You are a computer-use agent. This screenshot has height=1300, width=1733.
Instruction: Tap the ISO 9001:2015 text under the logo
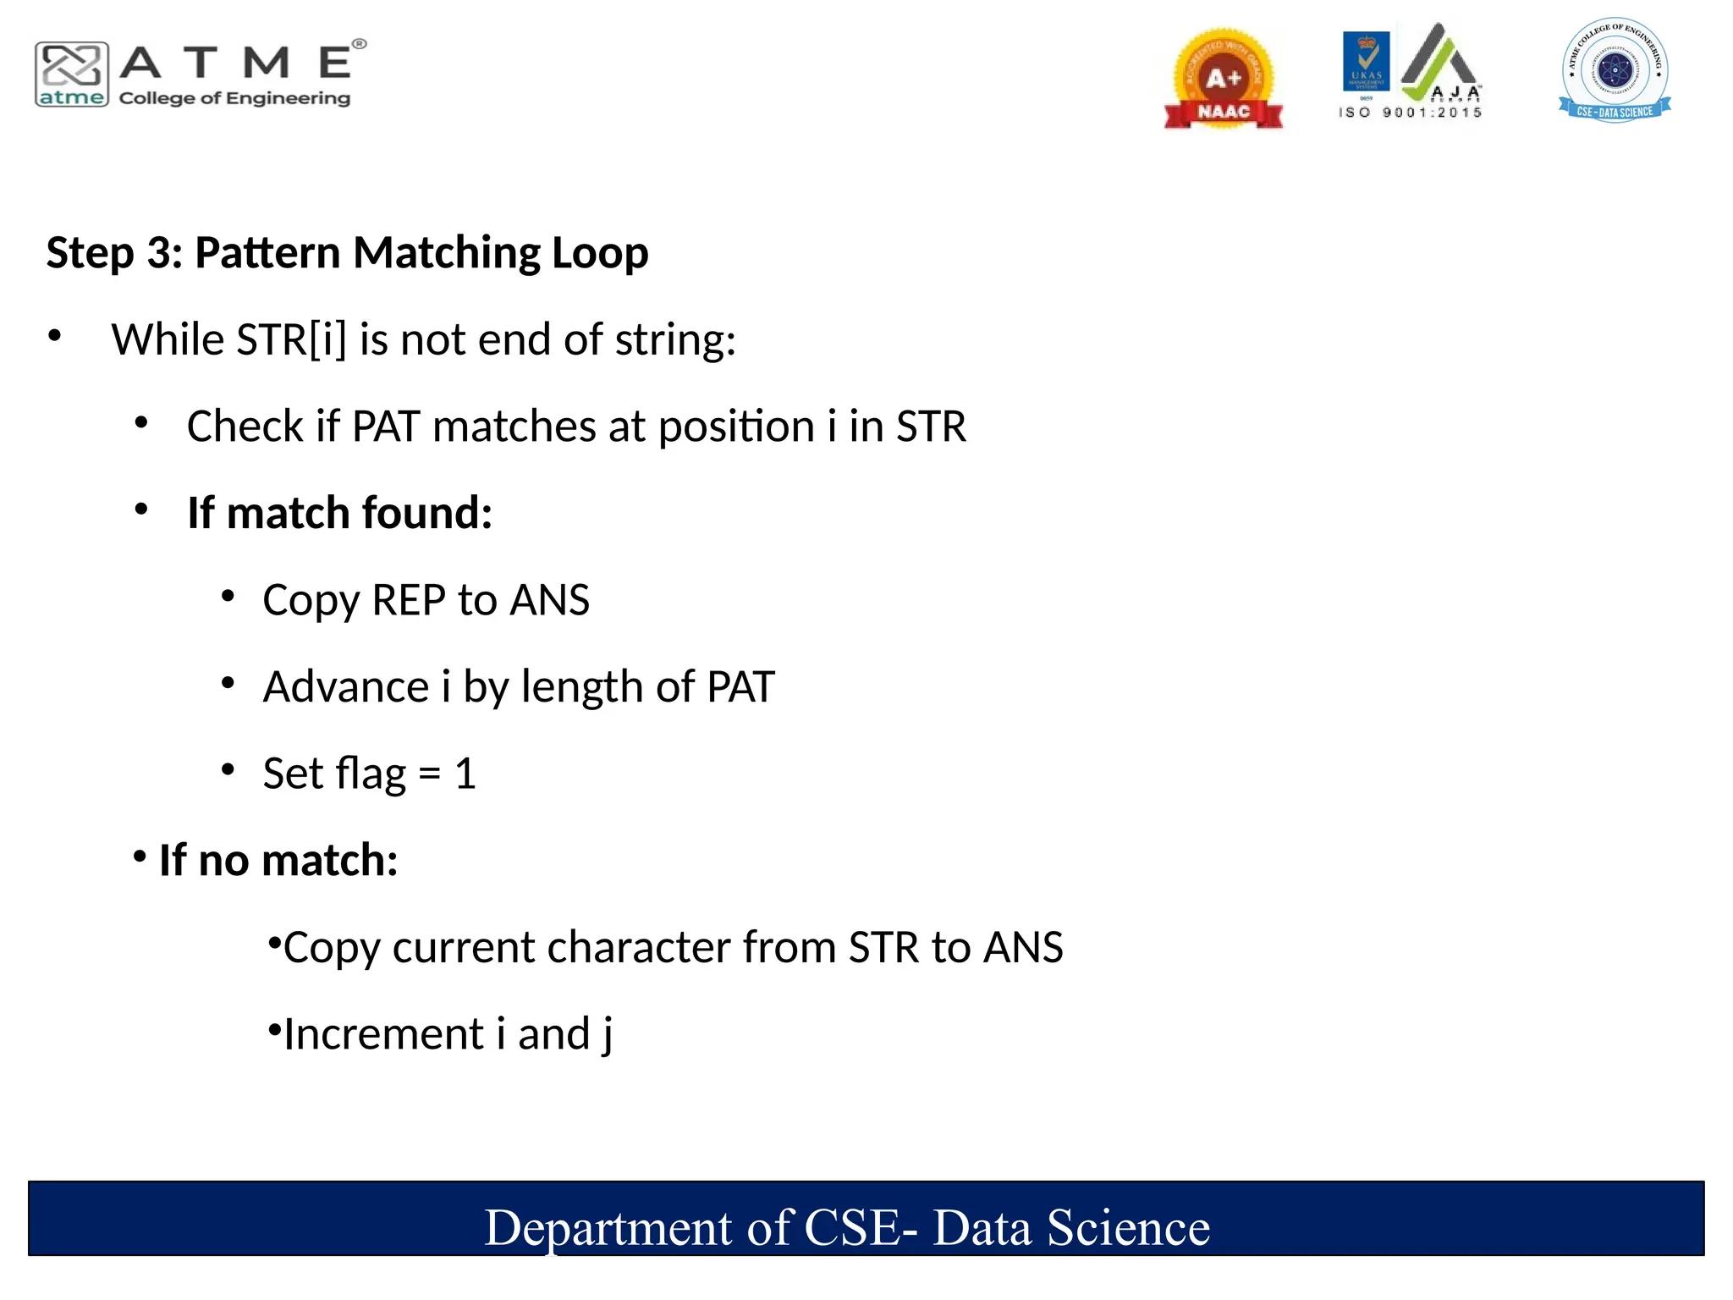[1411, 113]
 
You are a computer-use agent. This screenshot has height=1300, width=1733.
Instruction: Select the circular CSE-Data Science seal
[1615, 69]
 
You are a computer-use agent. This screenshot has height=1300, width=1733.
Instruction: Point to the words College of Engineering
[234, 98]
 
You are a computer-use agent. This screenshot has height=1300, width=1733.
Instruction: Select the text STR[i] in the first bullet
[292, 340]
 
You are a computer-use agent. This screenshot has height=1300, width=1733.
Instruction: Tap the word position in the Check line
[736, 427]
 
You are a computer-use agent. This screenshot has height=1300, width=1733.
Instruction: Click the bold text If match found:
[339, 513]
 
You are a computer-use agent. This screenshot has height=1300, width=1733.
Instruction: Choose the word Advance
[345, 686]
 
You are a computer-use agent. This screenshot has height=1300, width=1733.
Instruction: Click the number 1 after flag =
[465, 774]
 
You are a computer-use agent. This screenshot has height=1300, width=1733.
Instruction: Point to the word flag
[371, 774]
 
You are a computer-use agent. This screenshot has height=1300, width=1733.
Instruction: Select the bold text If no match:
[278, 861]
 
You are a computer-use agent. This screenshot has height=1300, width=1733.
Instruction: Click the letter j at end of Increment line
[607, 1036]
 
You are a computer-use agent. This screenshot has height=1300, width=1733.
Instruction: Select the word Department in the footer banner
[608, 1228]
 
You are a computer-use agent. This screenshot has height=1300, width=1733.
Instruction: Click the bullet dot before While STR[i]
[55, 336]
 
